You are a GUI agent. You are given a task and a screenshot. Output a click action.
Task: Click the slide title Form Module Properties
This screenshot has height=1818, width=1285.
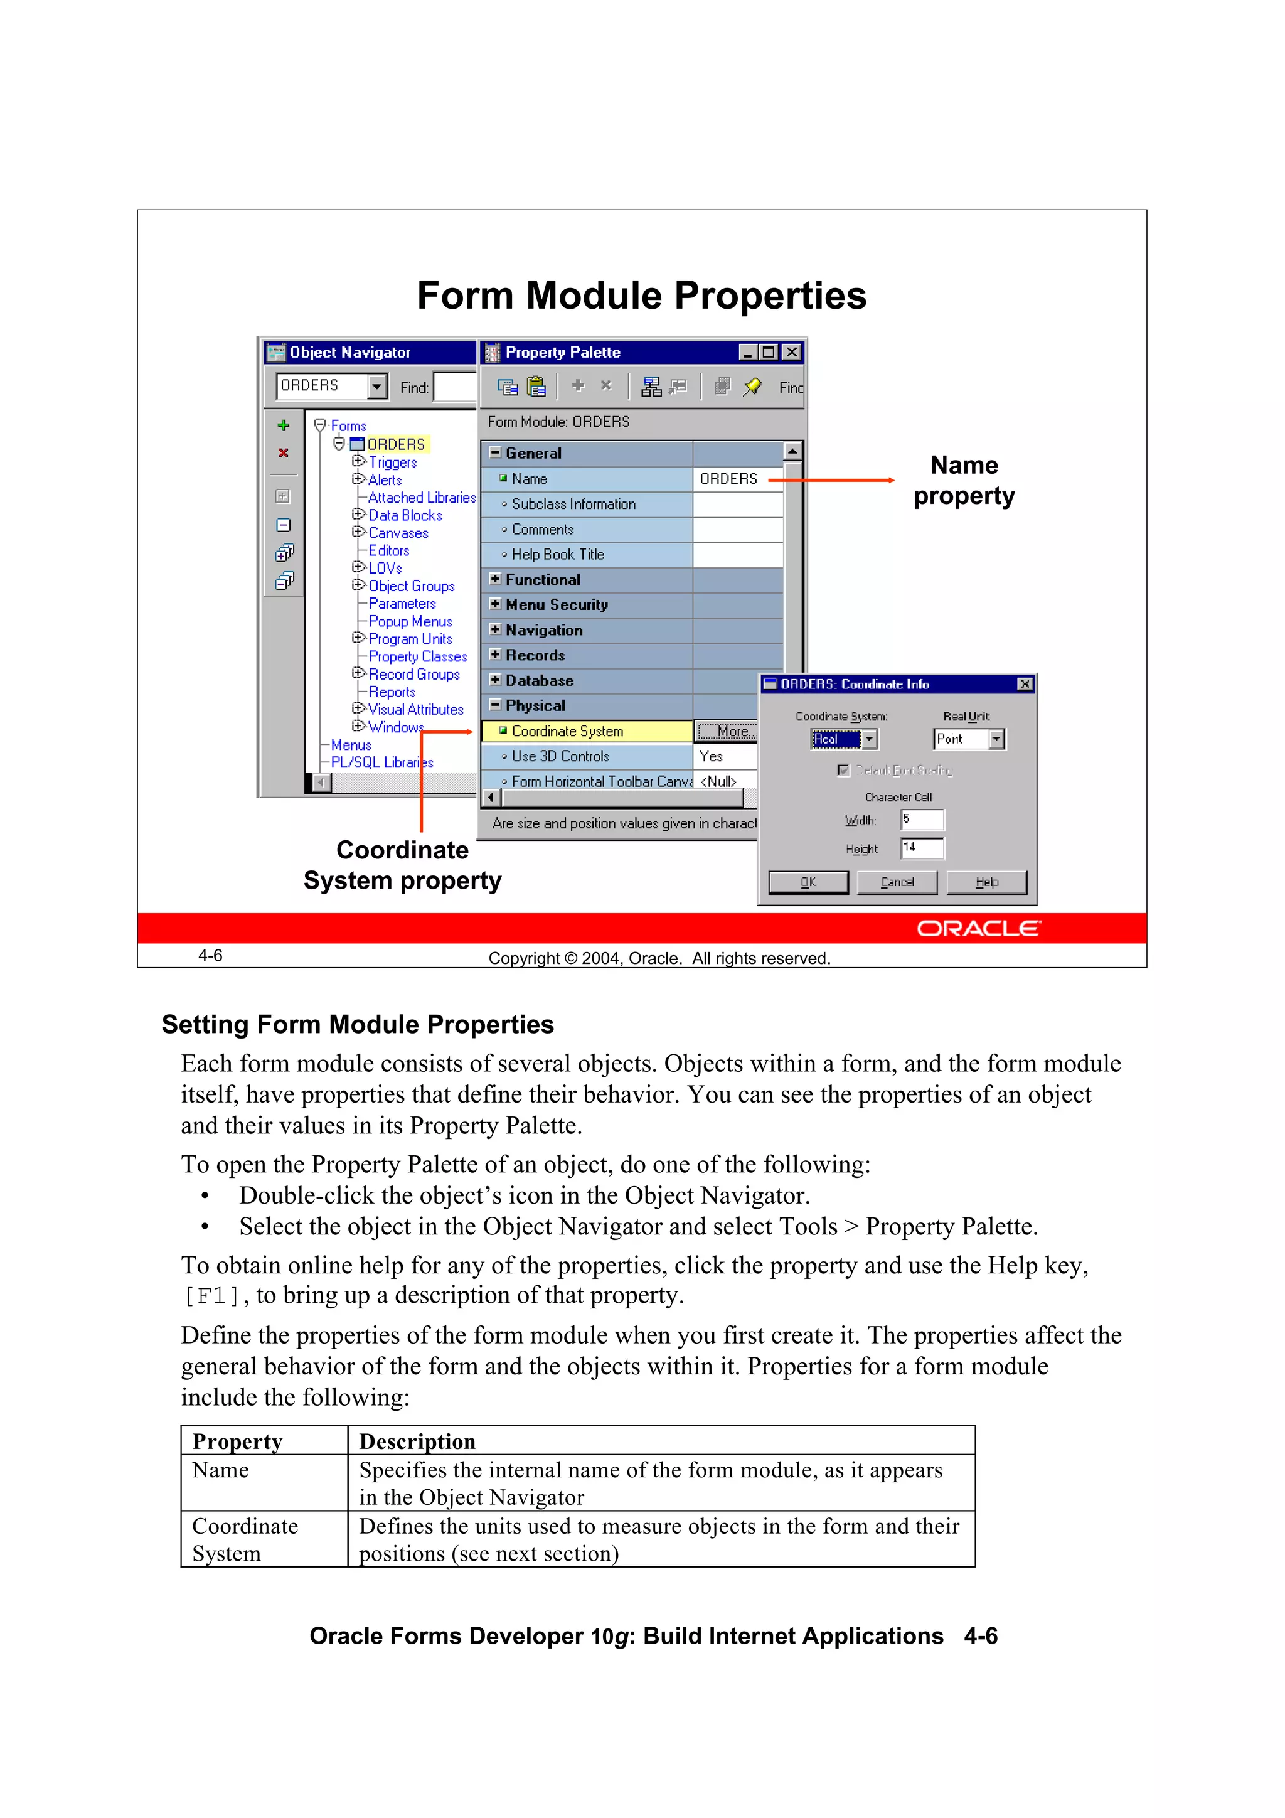[641, 296]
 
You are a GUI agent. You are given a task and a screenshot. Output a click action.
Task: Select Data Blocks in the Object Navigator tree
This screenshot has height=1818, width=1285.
[405, 515]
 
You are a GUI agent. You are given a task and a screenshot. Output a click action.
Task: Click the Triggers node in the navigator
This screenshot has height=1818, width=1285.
[392, 463]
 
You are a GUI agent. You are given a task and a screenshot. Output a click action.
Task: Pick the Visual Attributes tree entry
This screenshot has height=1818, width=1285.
[415, 710]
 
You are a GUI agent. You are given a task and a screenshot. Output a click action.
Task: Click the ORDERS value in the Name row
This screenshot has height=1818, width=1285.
[728, 479]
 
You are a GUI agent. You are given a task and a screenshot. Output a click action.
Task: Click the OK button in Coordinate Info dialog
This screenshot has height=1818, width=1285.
[808, 882]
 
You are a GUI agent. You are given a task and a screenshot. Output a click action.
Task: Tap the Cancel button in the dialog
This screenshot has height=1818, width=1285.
[897, 882]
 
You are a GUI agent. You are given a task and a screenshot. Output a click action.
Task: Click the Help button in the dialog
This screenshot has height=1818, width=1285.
[986, 882]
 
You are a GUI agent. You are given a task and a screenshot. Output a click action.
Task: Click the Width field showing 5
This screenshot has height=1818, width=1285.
[922, 820]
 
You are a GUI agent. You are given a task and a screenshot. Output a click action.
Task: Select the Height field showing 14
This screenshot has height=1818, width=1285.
[922, 848]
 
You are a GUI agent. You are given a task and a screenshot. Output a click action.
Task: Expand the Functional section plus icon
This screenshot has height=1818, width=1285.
[495, 579]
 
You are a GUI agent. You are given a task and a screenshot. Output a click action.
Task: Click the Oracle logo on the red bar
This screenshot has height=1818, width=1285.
[979, 928]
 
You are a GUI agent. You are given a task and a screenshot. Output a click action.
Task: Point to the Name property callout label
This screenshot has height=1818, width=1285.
[964, 480]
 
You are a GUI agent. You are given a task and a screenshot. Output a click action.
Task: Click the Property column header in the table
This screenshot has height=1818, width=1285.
[238, 1441]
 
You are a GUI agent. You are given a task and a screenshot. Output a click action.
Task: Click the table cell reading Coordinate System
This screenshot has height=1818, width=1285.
[245, 1539]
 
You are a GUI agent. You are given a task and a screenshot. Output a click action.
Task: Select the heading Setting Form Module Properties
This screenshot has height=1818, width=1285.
[358, 1025]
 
